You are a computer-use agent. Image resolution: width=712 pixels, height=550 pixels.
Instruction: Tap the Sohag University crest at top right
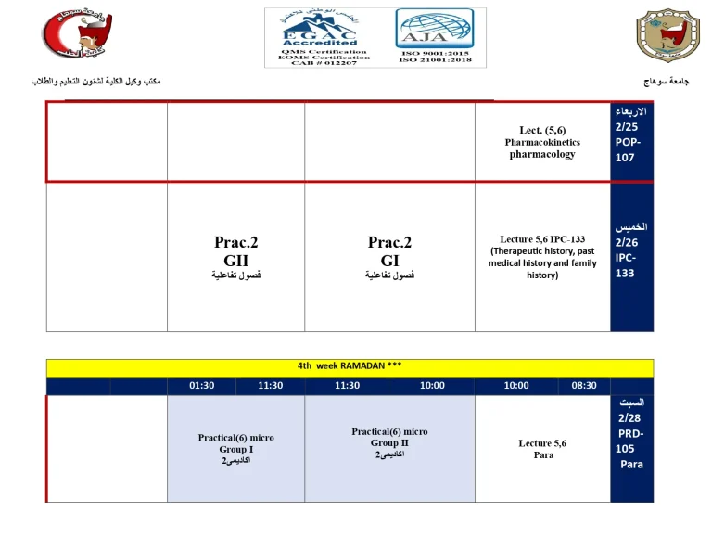[x=662, y=36]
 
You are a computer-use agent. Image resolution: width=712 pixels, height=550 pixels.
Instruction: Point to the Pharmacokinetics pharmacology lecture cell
[x=542, y=142]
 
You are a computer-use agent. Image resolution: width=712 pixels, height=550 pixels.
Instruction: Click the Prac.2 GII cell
[x=235, y=257]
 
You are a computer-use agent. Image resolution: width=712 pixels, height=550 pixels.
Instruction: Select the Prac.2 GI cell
[x=389, y=257]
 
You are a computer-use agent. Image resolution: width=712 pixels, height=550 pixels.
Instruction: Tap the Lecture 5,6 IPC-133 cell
[x=542, y=257]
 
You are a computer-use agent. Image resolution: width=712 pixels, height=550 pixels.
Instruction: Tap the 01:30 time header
[x=202, y=386]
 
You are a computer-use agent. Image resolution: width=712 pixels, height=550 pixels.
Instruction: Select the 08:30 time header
[x=584, y=386]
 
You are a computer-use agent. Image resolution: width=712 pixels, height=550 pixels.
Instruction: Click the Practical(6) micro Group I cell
[x=235, y=449]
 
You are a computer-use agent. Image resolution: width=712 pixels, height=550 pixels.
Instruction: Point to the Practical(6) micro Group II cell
[x=389, y=443]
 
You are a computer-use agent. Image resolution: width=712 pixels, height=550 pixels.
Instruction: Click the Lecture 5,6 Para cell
[x=542, y=449]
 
